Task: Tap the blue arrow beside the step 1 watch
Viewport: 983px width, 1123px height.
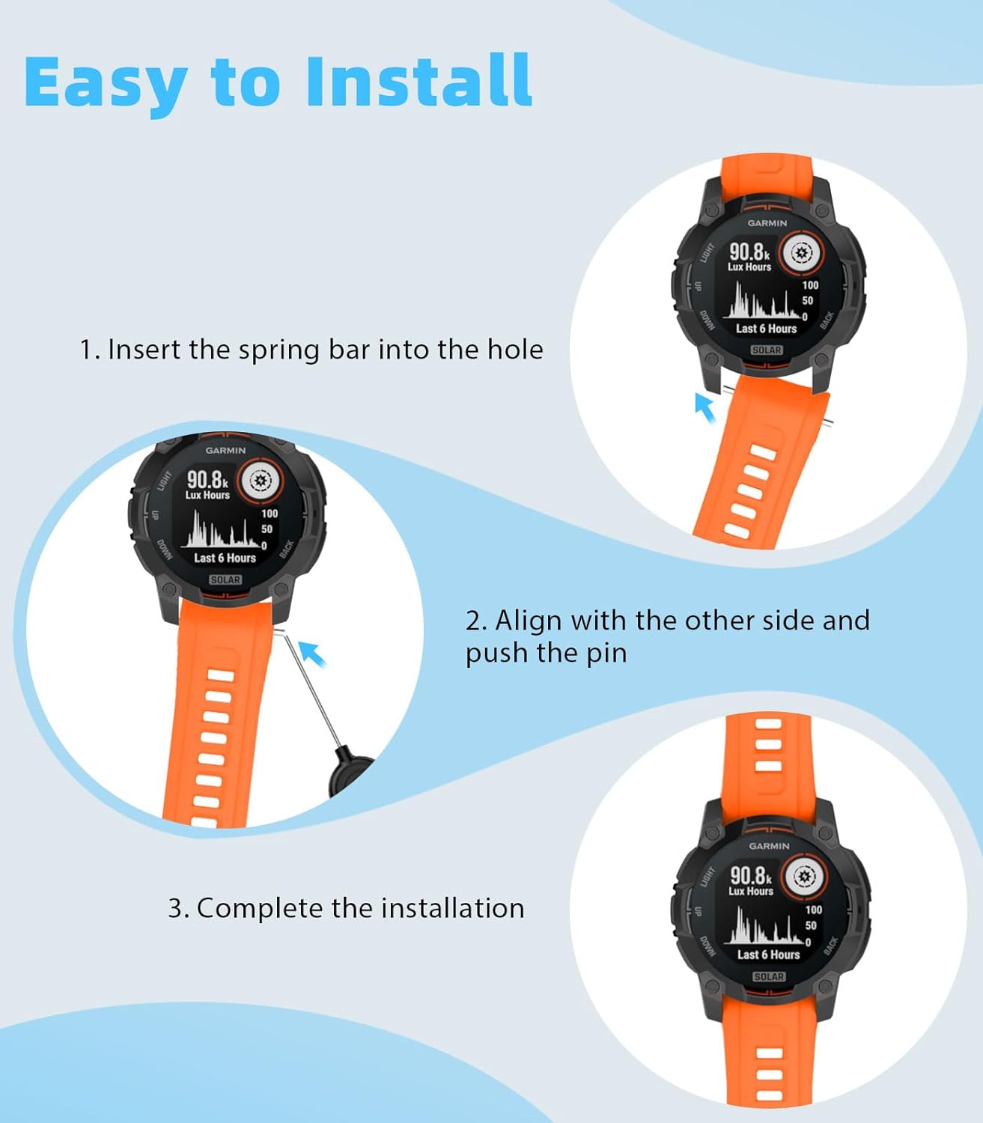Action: (x=704, y=407)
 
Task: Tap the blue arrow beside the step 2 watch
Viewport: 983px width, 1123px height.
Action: (x=312, y=654)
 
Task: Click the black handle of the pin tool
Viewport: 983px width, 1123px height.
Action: (x=350, y=771)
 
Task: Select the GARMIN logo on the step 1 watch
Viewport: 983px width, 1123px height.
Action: (x=767, y=223)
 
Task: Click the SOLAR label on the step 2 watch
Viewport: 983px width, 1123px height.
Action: (x=225, y=579)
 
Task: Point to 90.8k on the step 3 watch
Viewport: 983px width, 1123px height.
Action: (x=750, y=875)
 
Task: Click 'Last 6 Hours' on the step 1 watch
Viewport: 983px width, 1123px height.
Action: (x=766, y=329)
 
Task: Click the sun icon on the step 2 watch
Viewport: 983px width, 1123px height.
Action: (x=261, y=481)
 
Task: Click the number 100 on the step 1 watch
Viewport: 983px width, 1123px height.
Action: (x=810, y=285)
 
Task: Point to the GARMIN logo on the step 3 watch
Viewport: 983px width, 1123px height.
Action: (x=768, y=846)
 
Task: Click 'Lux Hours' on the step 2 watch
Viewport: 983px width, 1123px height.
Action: (x=207, y=495)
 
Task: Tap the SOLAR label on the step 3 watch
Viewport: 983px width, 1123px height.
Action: (x=769, y=977)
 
